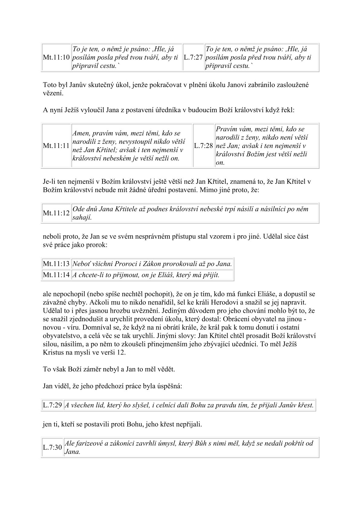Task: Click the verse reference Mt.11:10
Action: click(x=56, y=57)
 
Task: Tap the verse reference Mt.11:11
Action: click(x=56, y=146)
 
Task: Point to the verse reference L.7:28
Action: click(x=204, y=146)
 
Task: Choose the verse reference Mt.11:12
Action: click(x=56, y=213)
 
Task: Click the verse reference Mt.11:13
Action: click(x=56, y=264)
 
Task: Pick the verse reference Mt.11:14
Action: click(x=56, y=275)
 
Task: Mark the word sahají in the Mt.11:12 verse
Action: click(x=82, y=217)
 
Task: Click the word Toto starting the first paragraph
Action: click(x=50, y=85)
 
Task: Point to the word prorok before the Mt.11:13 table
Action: click(x=98, y=245)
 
